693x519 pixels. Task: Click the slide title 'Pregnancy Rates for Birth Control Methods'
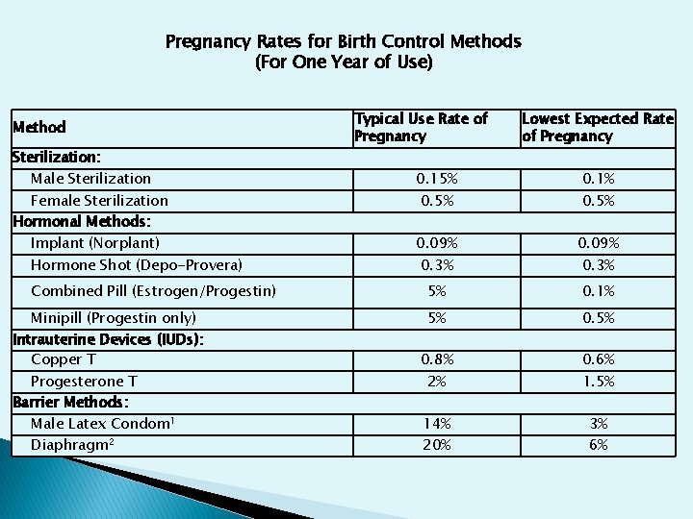(344, 42)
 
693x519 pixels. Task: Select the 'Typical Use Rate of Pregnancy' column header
(421, 127)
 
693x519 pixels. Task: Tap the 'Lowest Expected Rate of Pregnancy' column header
(597, 127)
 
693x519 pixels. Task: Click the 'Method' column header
(39, 127)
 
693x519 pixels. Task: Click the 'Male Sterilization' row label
(90, 178)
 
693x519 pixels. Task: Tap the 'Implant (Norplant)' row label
(95, 243)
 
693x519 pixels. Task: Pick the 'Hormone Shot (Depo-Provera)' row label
(137, 265)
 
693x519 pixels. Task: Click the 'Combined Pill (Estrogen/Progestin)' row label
(153, 290)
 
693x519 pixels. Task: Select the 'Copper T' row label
(64, 359)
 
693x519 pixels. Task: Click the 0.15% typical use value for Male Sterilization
(437, 179)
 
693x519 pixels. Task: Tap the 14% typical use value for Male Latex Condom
(437, 424)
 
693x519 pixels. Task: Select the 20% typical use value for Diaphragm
(437, 445)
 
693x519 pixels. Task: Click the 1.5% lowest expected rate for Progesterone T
(599, 382)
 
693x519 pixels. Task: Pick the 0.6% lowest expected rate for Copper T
(599, 359)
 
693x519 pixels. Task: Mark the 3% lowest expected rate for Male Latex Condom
(599, 424)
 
